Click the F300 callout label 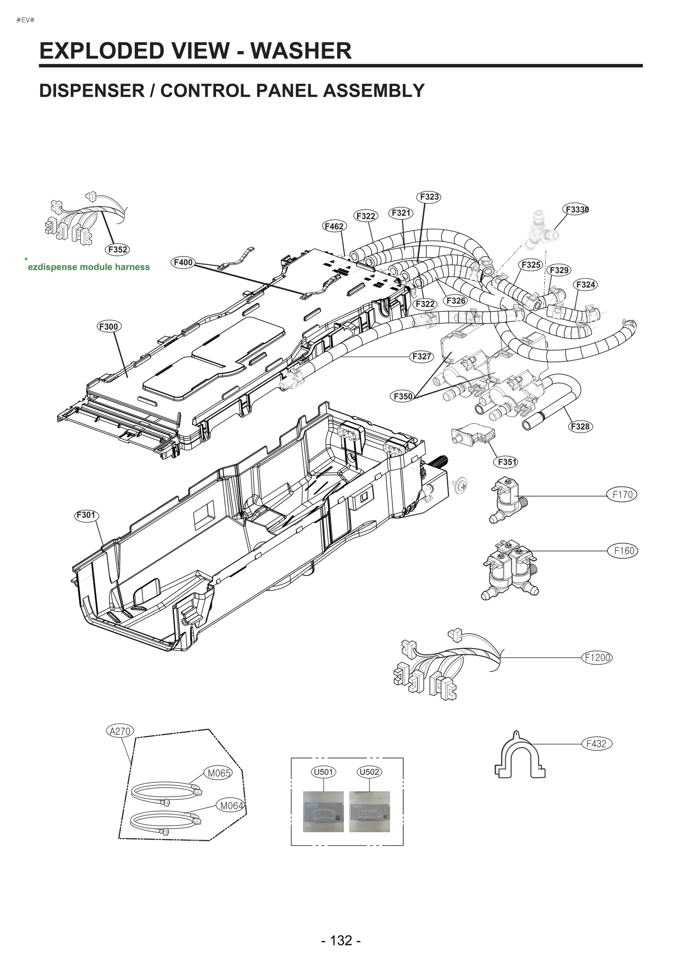[108, 327]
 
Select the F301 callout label [86, 515]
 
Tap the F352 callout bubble [117, 249]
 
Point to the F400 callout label [183, 262]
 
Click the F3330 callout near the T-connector [576, 209]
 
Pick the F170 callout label [622, 495]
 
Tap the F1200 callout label [597, 658]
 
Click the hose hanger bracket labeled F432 [519, 757]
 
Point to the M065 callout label [219, 773]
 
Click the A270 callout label [120, 731]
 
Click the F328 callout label [580, 426]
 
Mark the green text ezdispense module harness [89, 267]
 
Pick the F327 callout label [422, 356]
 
